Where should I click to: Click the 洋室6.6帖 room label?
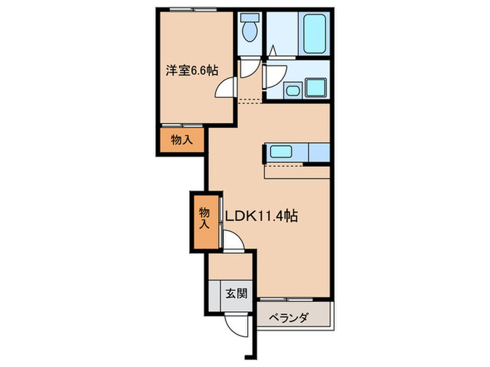(191, 71)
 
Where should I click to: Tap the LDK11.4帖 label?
(262, 216)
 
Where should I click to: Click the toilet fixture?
(248, 29)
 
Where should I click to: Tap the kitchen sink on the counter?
(283, 152)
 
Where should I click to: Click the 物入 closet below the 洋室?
(182, 140)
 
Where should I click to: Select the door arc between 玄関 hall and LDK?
(235, 243)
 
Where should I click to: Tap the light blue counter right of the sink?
(316, 152)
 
